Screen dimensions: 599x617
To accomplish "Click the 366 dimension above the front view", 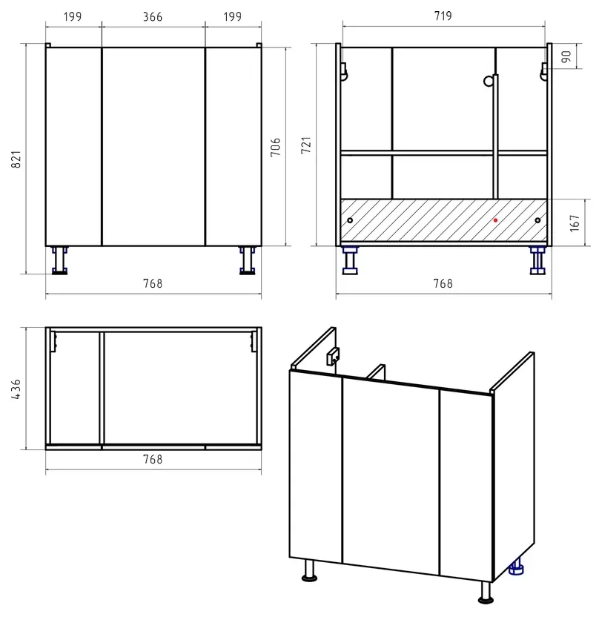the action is [153, 17].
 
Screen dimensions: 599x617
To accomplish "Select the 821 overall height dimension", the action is [16, 159].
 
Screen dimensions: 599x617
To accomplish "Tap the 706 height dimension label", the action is [275, 147].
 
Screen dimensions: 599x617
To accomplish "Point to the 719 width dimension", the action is [443, 16].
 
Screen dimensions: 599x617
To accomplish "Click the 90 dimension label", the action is [566, 56].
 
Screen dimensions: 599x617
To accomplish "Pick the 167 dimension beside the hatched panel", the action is [575, 223].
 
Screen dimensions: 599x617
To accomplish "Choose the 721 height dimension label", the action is [306, 145].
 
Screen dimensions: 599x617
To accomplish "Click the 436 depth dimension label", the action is [16, 389].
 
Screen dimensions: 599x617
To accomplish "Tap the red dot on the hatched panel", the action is [495, 220].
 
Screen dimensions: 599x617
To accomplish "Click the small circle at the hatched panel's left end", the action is [350, 220].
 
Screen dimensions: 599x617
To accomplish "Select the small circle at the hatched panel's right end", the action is [537, 220].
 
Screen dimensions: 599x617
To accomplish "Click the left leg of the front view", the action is [60, 260].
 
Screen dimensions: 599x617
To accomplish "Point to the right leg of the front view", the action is [248, 260].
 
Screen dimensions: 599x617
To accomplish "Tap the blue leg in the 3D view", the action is [517, 567].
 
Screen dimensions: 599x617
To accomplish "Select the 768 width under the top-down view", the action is [153, 459].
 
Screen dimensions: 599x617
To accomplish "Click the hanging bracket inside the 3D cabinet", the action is [333, 356].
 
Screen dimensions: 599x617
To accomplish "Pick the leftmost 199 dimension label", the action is [73, 17].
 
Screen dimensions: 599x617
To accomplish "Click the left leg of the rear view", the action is [350, 260].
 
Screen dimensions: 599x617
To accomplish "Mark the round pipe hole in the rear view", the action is [488, 81].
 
